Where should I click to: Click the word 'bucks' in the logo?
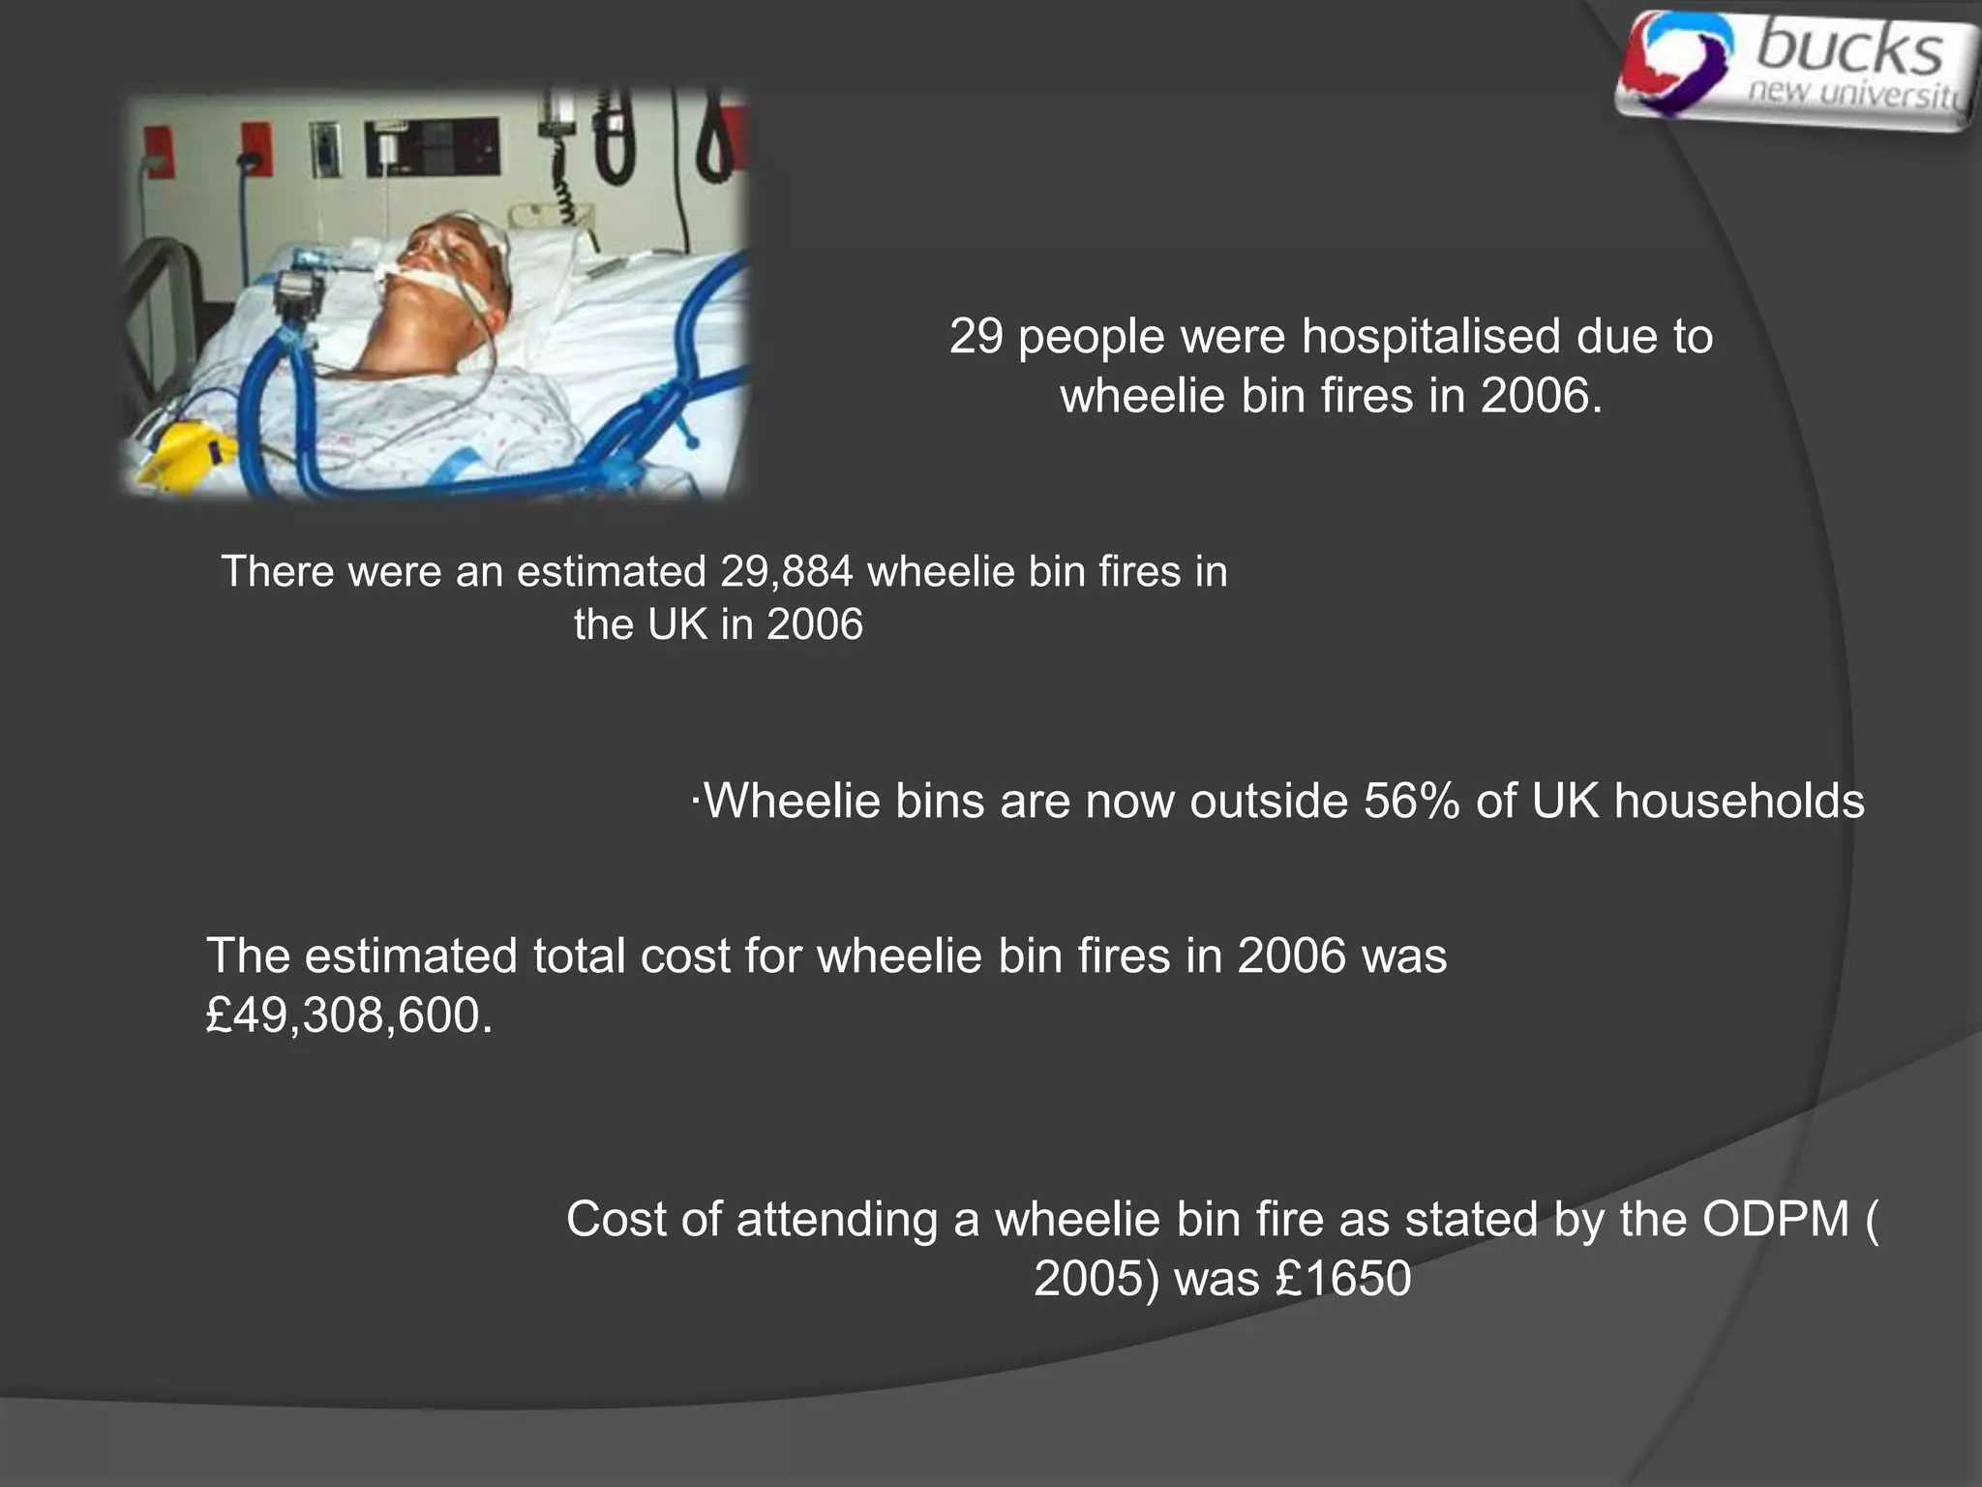(1848, 50)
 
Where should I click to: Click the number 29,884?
(786, 572)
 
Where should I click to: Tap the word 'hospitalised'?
(1431, 337)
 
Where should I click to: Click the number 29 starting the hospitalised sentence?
(976, 337)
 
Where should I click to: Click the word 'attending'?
(838, 1219)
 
